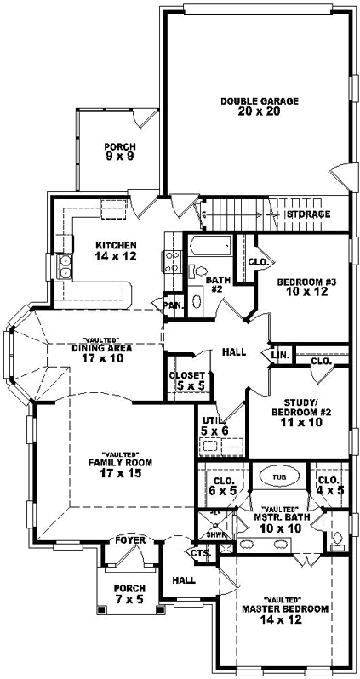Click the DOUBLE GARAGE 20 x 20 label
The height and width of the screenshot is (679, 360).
click(248, 106)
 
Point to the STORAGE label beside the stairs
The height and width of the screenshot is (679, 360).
click(308, 214)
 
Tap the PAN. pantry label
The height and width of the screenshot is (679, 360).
click(173, 305)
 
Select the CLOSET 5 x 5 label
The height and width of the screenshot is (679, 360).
click(186, 380)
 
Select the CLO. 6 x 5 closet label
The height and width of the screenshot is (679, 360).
click(222, 485)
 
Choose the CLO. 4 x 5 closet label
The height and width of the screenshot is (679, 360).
click(328, 485)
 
